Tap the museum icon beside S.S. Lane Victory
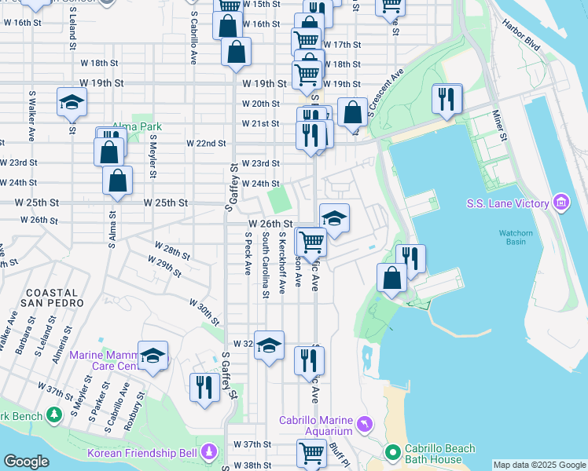(560, 204)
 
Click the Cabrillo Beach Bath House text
(439, 454)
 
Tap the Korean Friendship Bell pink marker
(209, 453)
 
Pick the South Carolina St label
(266, 265)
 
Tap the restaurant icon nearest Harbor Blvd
(447, 99)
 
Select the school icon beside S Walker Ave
(72, 102)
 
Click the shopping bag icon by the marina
(391, 278)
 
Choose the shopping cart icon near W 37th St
(311, 453)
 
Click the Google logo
(27, 462)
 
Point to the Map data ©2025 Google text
(539, 465)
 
